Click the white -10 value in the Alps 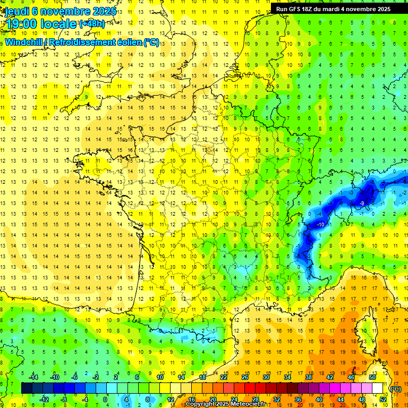[x=320, y=225]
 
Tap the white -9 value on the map [x=361, y=203]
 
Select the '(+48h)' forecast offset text [x=92, y=23]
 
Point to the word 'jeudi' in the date [x=18, y=10]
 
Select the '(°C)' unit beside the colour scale [x=395, y=389]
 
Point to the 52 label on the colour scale [x=383, y=399]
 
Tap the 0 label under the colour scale [x=105, y=399]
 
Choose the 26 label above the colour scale [x=245, y=377]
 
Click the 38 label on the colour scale [x=309, y=377]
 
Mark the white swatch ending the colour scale [x=378, y=388]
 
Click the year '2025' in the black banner [x=381, y=9]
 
